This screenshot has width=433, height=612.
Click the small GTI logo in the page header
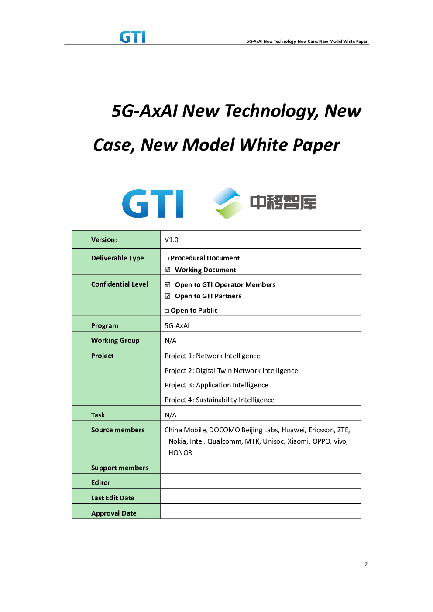tap(132, 37)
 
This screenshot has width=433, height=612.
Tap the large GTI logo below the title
tap(152, 204)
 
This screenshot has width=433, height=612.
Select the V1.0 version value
tap(171, 240)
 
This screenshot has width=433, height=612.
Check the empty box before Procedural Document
tap(167, 259)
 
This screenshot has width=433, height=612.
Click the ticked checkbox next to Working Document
tap(168, 270)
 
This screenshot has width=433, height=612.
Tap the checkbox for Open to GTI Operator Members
tap(168, 285)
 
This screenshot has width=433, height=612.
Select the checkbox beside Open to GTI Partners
tap(168, 296)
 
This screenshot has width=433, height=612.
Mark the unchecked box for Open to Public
tap(167, 311)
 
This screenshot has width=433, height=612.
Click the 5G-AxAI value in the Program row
tap(177, 326)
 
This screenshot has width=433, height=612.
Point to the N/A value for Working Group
tap(170, 340)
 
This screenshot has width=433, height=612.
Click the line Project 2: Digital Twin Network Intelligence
tap(231, 371)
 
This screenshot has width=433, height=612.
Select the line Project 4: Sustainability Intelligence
tap(219, 400)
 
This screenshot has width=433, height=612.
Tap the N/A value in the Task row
tap(170, 415)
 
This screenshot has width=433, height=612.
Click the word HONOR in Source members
tap(180, 453)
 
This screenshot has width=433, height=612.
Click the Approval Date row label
tap(114, 513)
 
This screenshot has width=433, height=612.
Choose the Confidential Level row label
tap(120, 284)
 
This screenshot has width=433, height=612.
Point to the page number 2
tap(366, 564)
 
